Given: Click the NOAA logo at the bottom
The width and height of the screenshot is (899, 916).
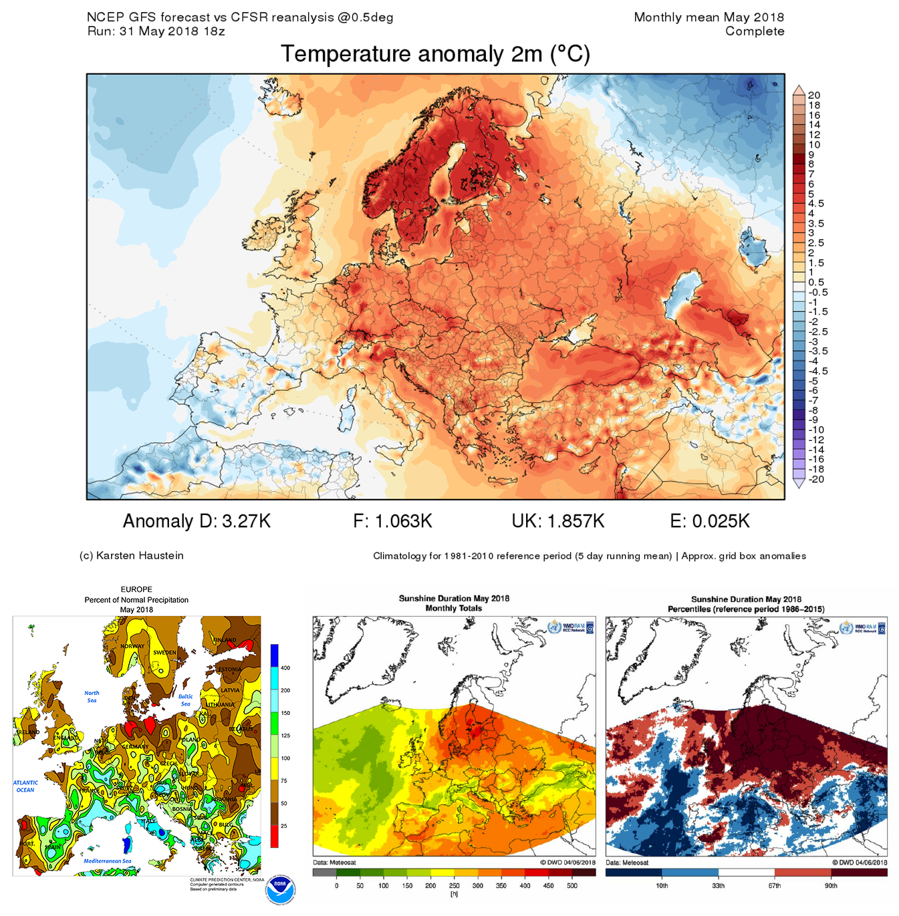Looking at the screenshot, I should (x=279, y=889).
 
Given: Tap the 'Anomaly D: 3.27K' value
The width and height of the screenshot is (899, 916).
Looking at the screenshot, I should (x=197, y=521).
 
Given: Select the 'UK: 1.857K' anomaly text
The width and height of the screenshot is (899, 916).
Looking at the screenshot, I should (x=557, y=521).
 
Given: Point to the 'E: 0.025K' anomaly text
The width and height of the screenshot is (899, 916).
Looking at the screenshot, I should (x=709, y=521).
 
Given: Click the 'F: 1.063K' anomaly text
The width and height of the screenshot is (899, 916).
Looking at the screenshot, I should (x=392, y=521).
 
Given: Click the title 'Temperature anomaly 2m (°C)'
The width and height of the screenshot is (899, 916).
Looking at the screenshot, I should (x=435, y=54).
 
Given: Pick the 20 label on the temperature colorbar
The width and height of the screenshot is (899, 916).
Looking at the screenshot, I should (x=813, y=96).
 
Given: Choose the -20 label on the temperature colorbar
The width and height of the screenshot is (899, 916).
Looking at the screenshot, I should (x=815, y=479).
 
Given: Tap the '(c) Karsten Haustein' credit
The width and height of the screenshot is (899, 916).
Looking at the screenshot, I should (x=132, y=555).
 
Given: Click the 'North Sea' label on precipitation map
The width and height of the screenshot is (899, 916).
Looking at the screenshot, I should (x=92, y=696).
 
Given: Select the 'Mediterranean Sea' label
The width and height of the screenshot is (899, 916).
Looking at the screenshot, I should (x=107, y=861).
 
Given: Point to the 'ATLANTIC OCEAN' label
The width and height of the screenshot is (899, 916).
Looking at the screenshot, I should (x=25, y=786).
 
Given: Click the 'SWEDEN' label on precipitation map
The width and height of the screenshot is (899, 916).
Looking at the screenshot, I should (x=164, y=652).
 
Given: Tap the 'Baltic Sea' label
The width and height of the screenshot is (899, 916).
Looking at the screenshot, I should (x=185, y=700).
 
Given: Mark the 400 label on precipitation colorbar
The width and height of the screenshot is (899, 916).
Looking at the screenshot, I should (x=285, y=667).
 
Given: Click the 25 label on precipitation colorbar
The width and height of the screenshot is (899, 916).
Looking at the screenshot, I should (x=284, y=826).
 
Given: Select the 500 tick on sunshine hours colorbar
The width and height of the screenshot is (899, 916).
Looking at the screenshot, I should (x=572, y=885).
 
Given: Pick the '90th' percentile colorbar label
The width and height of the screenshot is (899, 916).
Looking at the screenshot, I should (x=831, y=885).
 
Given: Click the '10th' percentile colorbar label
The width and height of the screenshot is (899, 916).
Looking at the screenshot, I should (x=662, y=885).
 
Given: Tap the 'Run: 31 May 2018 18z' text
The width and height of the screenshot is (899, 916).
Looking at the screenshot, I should (x=156, y=31).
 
